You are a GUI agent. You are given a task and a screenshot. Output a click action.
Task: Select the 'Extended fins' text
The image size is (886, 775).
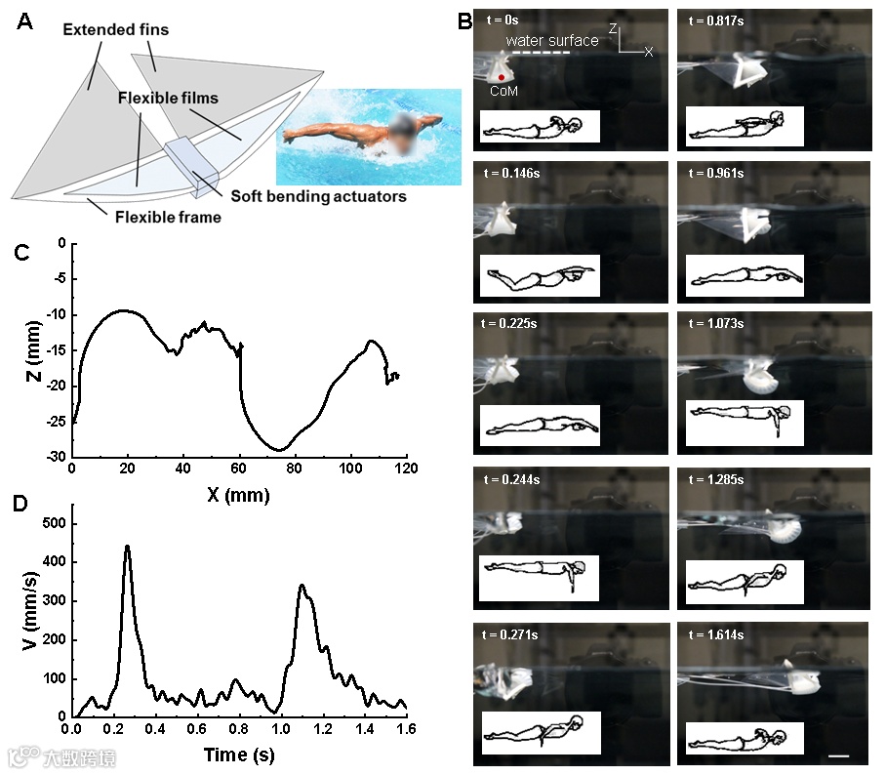coord(115,30)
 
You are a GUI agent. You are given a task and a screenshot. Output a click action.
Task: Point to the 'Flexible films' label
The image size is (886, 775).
coord(168,99)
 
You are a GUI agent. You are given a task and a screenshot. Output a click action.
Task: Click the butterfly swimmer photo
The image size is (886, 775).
coord(367,136)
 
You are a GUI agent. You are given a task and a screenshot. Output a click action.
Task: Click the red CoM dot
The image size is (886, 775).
coord(502,77)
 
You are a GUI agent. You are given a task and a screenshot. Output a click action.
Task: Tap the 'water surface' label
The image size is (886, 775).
coord(551,41)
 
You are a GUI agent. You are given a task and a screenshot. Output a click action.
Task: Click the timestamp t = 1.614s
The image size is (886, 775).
coord(717,634)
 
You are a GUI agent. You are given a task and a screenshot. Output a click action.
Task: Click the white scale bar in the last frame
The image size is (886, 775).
coord(837,755)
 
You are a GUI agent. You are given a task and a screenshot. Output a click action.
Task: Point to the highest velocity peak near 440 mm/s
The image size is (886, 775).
coord(127,547)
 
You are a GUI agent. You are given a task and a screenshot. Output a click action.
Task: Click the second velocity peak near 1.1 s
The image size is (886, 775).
coord(302,586)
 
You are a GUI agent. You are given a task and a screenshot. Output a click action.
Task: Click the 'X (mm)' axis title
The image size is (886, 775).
coord(238,496)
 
